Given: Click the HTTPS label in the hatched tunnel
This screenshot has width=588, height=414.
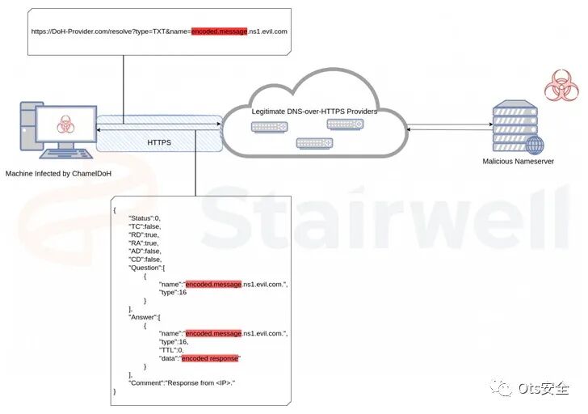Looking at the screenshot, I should click(159, 142).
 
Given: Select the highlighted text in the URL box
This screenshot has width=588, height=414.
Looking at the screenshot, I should click(219, 31).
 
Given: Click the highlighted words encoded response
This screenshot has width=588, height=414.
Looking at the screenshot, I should click(211, 357).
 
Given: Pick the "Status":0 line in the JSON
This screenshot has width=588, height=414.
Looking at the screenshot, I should click(146, 218).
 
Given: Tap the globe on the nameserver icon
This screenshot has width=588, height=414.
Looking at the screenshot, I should click(534, 146).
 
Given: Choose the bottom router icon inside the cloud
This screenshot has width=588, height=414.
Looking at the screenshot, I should click(313, 143).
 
